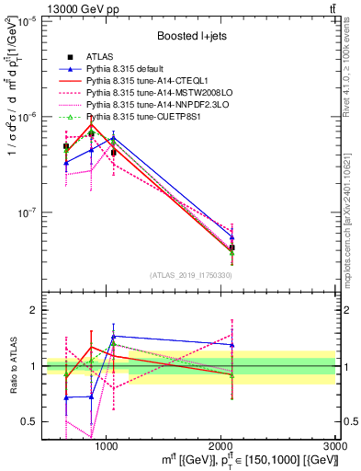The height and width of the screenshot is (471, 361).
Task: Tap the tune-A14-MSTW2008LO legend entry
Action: (x=145, y=93)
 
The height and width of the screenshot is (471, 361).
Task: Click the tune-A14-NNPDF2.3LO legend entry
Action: (x=145, y=105)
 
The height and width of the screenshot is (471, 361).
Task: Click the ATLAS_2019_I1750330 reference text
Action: (x=191, y=275)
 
